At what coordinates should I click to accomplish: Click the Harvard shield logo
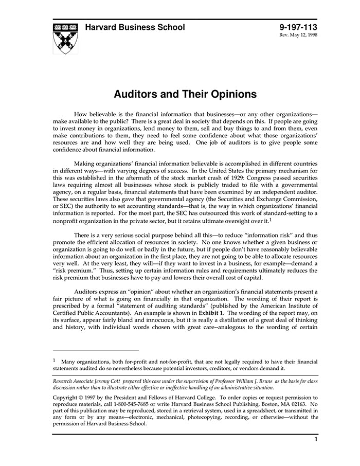65,38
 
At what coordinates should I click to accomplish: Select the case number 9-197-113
298,27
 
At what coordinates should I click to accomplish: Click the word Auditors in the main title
135,94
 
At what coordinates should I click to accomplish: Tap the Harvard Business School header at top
135,27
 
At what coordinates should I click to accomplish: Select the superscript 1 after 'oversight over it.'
270,219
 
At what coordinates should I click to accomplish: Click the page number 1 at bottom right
316,439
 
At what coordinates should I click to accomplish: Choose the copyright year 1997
95,398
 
